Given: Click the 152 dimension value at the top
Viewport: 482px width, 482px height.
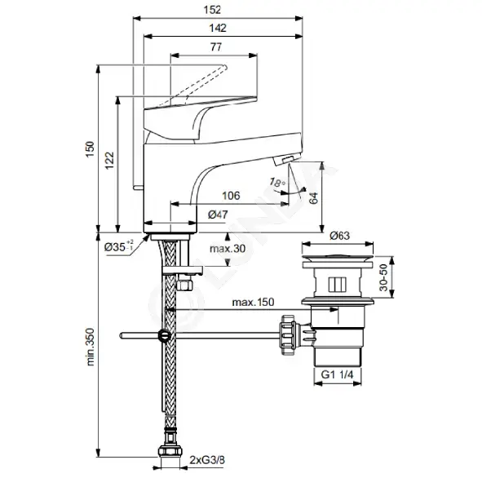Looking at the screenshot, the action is tap(212, 10).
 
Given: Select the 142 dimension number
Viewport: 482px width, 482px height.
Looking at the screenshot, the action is tap(218, 28).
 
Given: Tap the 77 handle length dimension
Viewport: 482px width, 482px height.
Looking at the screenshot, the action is tap(216, 47).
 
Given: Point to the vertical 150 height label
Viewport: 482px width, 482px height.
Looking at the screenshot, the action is tap(90, 149).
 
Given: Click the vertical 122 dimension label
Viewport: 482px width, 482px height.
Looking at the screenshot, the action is tap(110, 160).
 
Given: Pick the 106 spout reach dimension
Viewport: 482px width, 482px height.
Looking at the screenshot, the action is tap(231, 196).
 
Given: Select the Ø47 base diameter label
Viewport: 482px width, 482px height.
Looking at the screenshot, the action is tap(218, 214).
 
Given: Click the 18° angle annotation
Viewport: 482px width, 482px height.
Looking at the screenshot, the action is tap(277, 183).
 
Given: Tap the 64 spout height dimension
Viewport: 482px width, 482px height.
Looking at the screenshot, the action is tap(313, 197).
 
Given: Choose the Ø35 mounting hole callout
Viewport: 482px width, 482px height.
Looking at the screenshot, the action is tap(118, 246).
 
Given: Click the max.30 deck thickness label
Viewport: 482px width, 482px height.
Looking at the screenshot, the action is tap(228, 249).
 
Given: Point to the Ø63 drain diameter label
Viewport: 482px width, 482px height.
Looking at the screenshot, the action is tap(339, 236).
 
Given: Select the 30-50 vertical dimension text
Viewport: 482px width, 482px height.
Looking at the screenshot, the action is tap(383, 277).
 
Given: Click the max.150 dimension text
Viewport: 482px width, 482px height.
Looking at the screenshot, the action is tap(253, 302).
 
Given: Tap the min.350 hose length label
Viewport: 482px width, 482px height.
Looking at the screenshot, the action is tap(91, 347).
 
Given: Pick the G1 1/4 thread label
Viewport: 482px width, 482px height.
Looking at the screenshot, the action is tap(337, 374).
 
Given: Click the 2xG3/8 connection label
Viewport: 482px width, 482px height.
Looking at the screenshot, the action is tap(207, 460).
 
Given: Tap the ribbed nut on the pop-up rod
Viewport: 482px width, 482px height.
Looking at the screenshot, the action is tap(288, 334).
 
